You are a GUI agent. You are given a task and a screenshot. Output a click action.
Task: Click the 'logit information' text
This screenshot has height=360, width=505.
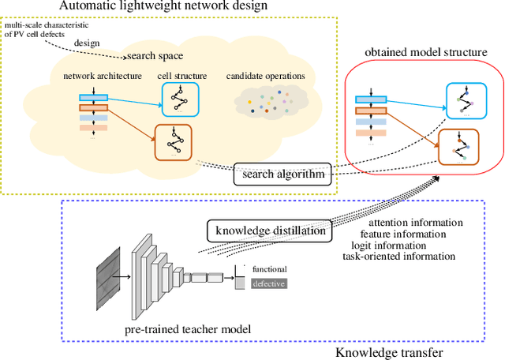(387, 246)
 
